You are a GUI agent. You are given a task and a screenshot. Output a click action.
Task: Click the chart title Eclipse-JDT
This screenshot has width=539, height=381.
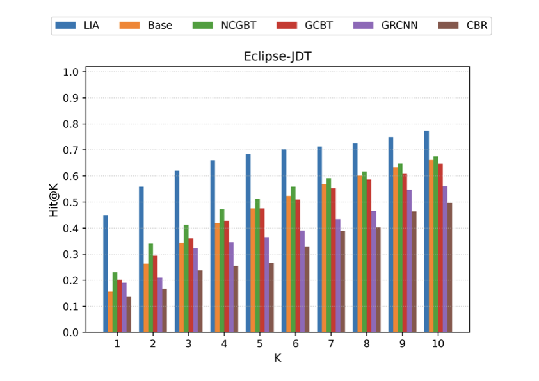[x=277, y=56]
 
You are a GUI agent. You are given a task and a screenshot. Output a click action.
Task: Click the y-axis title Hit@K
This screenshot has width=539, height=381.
[x=54, y=199]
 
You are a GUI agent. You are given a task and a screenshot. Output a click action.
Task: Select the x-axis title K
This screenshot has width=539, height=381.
[x=277, y=359]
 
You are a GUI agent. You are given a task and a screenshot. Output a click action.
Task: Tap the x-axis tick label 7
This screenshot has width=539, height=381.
[x=331, y=344]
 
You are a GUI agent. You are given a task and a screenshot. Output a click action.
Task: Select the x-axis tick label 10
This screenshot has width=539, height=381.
[x=438, y=344]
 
